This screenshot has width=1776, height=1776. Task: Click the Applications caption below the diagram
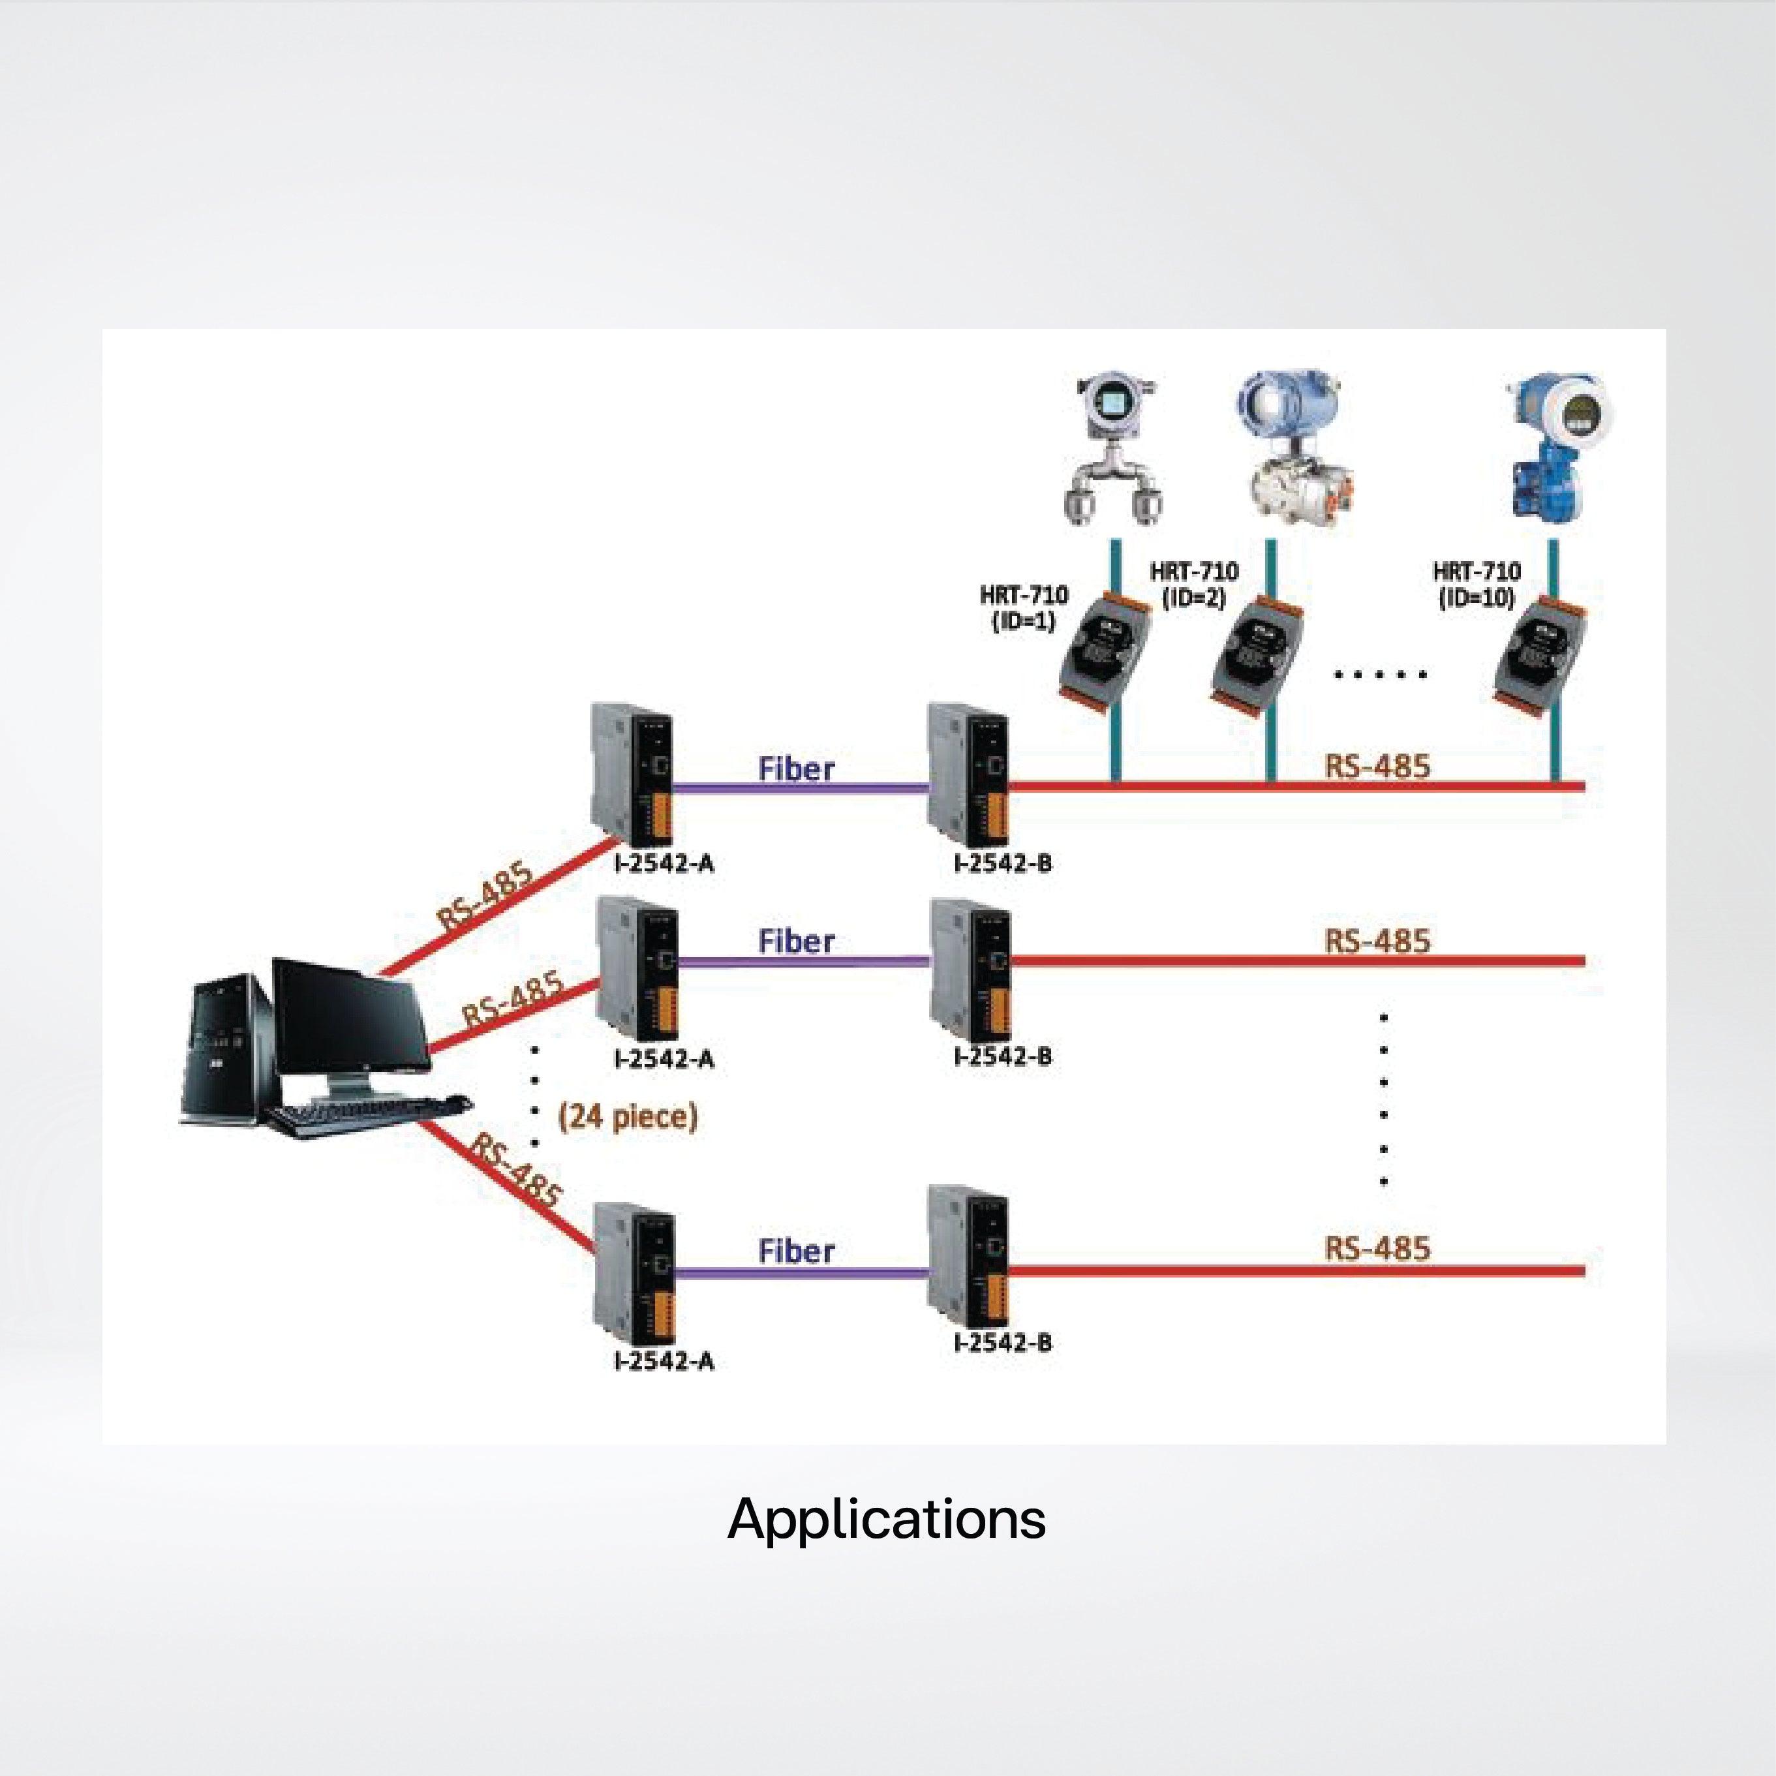pyautogui.click(x=886, y=1519)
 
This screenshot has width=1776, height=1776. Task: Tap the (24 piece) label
pyautogui.click(x=628, y=1117)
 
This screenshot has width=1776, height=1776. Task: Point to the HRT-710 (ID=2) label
pyautogui.click(x=1193, y=585)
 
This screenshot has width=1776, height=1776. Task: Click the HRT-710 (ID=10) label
pyautogui.click(x=1477, y=585)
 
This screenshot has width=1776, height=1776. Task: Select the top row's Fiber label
pyautogui.click(x=796, y=769)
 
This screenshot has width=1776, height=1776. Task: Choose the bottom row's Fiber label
pyautogui.click(x=796, y=1251)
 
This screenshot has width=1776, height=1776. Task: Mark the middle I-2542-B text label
pyautogui.click(x=1002, y=1056)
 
